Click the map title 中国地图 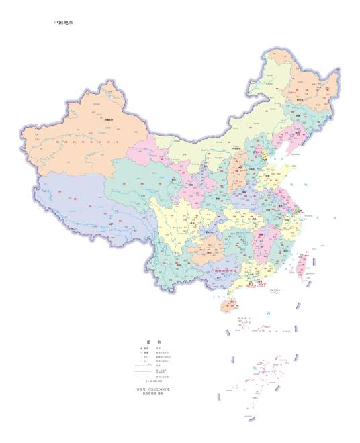click(64, 22)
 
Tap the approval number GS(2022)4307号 click(153, 389)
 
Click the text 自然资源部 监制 click(153, 394)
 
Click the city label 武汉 click(248, 219)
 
